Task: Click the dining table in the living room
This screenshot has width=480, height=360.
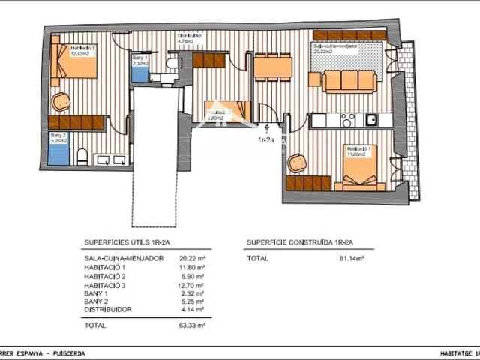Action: tap(272, 67)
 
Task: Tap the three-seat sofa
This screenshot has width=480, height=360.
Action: tap(349, 81)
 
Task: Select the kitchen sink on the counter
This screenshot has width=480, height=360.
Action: tap(370, 120)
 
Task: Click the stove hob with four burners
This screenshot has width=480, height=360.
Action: tap(348, 120)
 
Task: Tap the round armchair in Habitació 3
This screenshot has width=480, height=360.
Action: tap(61, 101)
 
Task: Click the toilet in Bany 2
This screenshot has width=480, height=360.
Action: tap(82, 157)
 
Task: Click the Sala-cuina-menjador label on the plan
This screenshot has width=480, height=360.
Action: tap(334, 47)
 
